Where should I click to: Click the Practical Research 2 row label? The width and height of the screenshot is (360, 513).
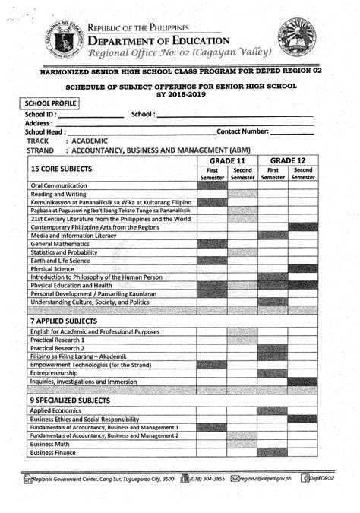58,348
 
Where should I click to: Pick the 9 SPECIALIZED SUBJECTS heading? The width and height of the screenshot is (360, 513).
74,399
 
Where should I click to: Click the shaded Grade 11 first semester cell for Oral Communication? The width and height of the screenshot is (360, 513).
212,185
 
